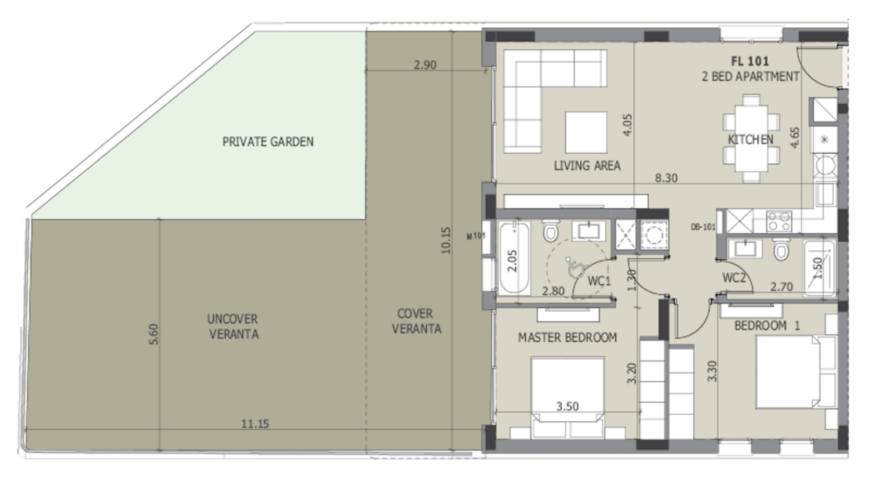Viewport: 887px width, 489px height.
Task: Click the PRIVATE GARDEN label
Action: [268, 142]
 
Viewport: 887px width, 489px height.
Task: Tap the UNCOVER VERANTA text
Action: [233, 327]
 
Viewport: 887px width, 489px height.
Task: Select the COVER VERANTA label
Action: [416, 321]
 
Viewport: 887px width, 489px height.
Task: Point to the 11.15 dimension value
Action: [255, 424]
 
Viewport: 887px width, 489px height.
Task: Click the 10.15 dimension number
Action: [445, 241]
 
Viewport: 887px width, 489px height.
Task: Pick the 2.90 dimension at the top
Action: [425, 64]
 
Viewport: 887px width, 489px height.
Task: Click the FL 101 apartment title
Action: [750, 61]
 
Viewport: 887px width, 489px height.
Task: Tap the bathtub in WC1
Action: [514, 258]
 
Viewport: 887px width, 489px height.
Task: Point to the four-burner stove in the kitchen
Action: [779, 221]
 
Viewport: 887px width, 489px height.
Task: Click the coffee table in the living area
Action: [586, 132]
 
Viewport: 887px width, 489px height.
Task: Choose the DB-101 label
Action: [703, 227]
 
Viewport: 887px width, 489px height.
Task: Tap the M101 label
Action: [476, 236]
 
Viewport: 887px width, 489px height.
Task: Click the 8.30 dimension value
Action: [666, 178]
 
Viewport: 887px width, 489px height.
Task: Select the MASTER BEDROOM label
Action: [568, 338]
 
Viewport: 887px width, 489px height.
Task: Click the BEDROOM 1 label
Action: [767, 326]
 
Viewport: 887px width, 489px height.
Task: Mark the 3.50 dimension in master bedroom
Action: [568, 406]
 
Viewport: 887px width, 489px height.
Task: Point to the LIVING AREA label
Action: [587, 166]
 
